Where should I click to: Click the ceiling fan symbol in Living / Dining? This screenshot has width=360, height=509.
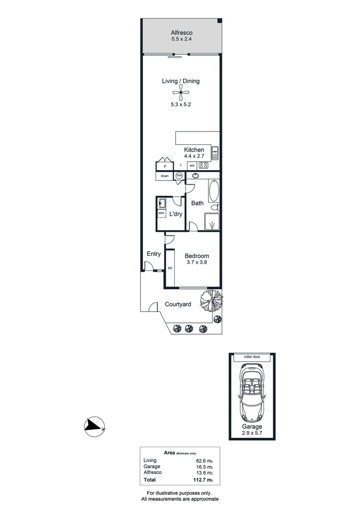click(x=180, y=93)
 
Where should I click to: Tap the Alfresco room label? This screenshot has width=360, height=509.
click(x=181, y=33)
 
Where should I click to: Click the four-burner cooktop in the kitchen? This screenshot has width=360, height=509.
click(x=204, y=165)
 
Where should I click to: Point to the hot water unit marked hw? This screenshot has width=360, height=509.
click(x=179, y=176)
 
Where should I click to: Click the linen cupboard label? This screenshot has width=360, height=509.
click(x=164, y=176)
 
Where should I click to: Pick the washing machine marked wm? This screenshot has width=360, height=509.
click(x=161, y=213)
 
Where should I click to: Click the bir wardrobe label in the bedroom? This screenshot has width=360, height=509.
click(x=170, y=268)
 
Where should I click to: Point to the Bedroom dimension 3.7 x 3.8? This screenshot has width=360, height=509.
click(x=196, y=263)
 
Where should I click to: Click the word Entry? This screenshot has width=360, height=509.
click(x=154, y=254)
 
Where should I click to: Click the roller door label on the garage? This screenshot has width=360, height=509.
click(x=252, y=357)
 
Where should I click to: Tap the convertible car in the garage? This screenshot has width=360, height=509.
click(x=252, y=394)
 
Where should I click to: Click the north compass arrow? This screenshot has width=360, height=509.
click(x=94, y=425)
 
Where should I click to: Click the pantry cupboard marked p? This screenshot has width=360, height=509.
click(x=165, y=166)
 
